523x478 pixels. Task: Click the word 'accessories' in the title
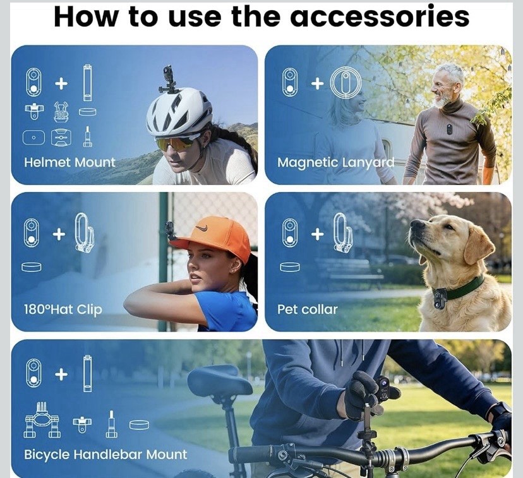[x=380, y=16]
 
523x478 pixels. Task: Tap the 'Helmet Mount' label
[x=69, y=162]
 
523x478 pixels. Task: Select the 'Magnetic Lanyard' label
[x=335, y=163]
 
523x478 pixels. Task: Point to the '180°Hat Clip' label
[x=63, y=309]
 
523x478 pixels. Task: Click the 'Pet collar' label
[x=308, y=309]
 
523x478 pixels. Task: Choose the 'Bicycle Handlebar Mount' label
[x=105, y=455]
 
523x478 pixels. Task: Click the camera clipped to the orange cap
[x=170, y=229]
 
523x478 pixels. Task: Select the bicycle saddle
[x=219, y=380]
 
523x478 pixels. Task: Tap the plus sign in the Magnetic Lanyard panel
[x=318, y=83]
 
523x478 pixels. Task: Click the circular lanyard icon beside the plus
[x=346, y=81]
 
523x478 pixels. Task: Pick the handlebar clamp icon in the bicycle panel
[x=42, y=420]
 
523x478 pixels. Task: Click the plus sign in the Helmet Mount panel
[x=61, y=83]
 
